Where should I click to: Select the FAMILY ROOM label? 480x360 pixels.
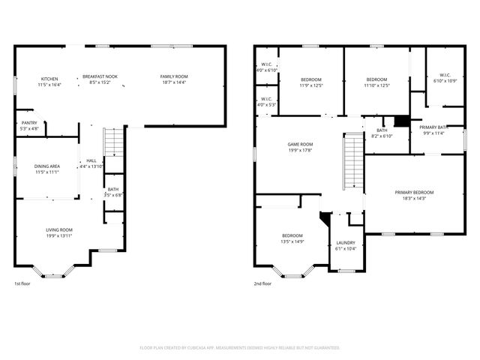[x=173, y=77]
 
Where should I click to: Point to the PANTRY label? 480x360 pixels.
[x=29, y=123]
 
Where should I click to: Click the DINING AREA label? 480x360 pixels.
[x=46, y=167]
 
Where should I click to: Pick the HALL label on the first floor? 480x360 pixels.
[x=91, y=160]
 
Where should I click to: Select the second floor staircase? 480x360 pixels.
[x=352, y=162]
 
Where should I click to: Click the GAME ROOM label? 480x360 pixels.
[x=300, y=144]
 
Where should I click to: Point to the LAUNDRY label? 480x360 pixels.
[x=346, y=243]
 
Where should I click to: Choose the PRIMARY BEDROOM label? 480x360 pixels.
[x=414, y=193]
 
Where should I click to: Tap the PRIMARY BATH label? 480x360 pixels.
[x=433, y=127]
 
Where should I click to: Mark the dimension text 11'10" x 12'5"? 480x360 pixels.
[x=376, y=85]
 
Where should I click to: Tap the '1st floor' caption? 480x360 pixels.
[x=22, y=283]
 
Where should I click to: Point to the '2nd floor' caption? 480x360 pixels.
[x=262, y=283]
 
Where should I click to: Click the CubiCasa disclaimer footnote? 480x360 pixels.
[x=240, y=347]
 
